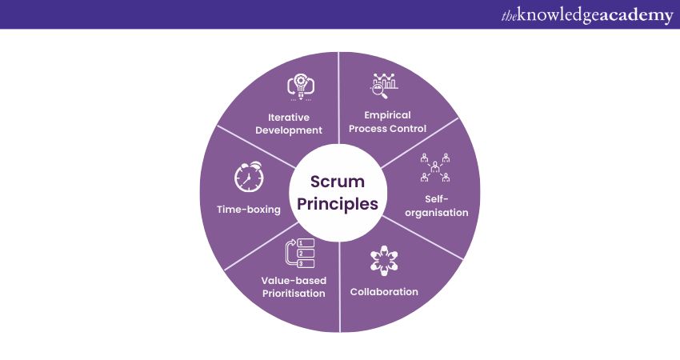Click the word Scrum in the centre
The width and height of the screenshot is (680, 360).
coord(340,182)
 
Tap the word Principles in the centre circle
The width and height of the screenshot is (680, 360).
coord(340,203)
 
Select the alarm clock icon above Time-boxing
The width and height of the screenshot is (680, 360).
coord(248,178)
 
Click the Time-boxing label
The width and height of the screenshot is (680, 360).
coord(248,210)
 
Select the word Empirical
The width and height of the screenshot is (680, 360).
coord(386,114)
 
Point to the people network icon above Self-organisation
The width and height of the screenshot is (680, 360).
coord(434,166)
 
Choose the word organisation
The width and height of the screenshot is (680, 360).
coord(436,213)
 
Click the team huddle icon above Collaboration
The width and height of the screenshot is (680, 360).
coord(384,262)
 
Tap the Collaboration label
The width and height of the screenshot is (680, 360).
coord(384,292)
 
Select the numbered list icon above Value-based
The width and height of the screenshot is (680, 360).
coord(298,252)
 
